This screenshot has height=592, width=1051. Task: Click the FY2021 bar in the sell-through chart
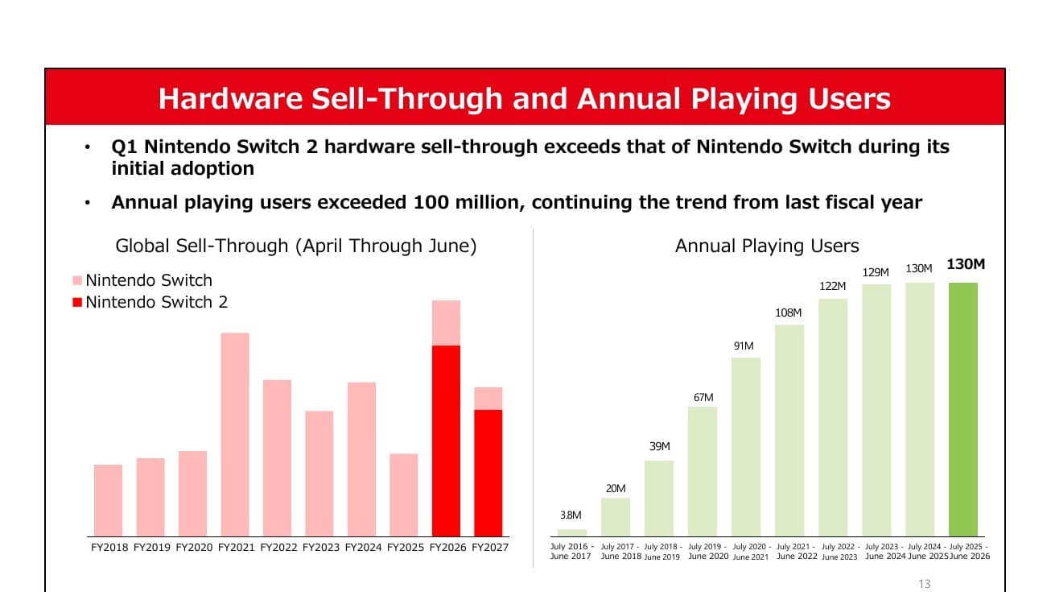tap(235, 434)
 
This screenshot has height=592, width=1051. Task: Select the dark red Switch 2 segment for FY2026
tap(446, 441)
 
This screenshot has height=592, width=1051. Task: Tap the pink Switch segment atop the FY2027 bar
tap(488, 398)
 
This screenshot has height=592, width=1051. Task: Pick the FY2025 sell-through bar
tap(403, 495)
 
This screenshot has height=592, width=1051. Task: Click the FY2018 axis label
tap(109, 548)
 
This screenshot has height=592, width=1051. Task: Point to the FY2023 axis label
tap(321, 548)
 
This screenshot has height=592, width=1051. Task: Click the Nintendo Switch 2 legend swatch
tap(77, 302)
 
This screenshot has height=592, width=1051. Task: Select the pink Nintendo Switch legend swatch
tap(77, 280)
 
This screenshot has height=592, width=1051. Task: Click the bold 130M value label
tap(966, 264)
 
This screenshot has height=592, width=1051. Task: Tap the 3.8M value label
tap(571, 515)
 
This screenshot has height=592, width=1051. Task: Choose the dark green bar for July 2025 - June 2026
tap(963, 409)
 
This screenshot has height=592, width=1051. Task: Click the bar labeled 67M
tap(703, 471)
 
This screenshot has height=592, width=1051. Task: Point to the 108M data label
tap(789, 313)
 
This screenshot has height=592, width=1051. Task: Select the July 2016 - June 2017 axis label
tap(571, 552)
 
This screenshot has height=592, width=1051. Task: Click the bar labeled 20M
tap(616, 517)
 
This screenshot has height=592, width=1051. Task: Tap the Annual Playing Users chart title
tap(767, 246)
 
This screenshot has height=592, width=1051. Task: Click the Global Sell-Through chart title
tap(296, 246)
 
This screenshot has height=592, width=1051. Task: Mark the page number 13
tap(925, 584)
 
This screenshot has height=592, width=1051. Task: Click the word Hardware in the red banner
tap(230, 98)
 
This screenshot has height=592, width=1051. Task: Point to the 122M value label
tap(832, 287)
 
